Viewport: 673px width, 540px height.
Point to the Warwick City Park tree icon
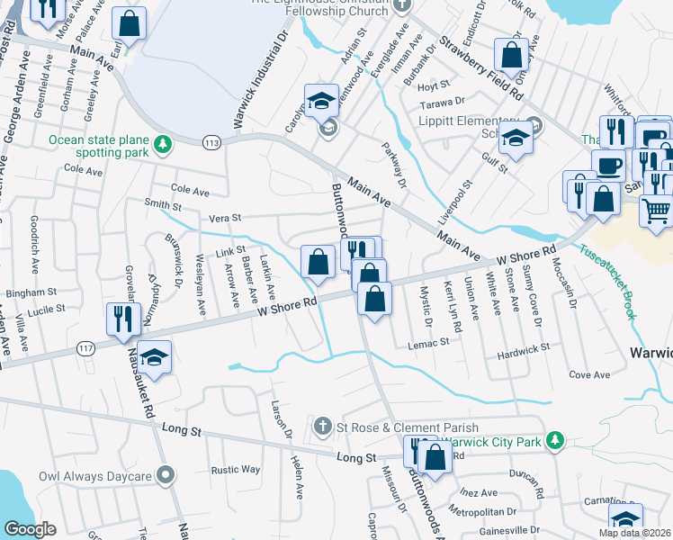tap(556, 440)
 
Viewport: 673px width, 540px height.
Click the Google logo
tap(30, 529)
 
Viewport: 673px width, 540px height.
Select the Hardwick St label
tap(524, 347)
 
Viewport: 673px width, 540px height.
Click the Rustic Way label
tap(236, 470)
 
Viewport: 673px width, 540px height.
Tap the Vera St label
tap(225, 217)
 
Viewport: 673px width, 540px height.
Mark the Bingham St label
tap(31, 292)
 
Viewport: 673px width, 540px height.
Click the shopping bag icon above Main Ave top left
tap(130, 24)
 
